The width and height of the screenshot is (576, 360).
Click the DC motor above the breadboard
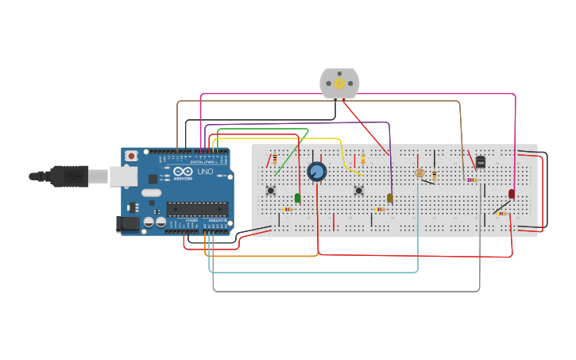(x=339, y=83)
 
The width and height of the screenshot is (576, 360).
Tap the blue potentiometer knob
(x=316, y=172)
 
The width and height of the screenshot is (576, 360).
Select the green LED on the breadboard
(x=298, y=198)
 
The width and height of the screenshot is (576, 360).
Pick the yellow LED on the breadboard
(x=390, y=198)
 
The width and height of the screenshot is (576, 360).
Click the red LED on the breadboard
(x=512, y=193)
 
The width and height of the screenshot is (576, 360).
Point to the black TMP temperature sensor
(x=480, y=163)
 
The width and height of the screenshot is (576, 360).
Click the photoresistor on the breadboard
(x=420, y=172)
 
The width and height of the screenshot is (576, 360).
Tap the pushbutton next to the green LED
(x=271, y=190)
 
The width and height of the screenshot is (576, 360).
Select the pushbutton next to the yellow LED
(x=359, y=190)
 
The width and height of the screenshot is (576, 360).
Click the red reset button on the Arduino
(x=131, y=156)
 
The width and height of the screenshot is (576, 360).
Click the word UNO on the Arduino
(x=204, y=172)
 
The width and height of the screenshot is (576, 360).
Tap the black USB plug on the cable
(x=71, y=176)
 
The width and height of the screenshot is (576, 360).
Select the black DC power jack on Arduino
(x=127, y=224)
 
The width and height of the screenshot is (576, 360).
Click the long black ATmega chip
(x=197, y=209)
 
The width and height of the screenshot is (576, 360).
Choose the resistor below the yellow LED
(x=381, y=210)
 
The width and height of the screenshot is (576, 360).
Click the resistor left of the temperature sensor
(x=472, y=180)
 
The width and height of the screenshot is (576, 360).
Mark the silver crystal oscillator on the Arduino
(x=151, y=192)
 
